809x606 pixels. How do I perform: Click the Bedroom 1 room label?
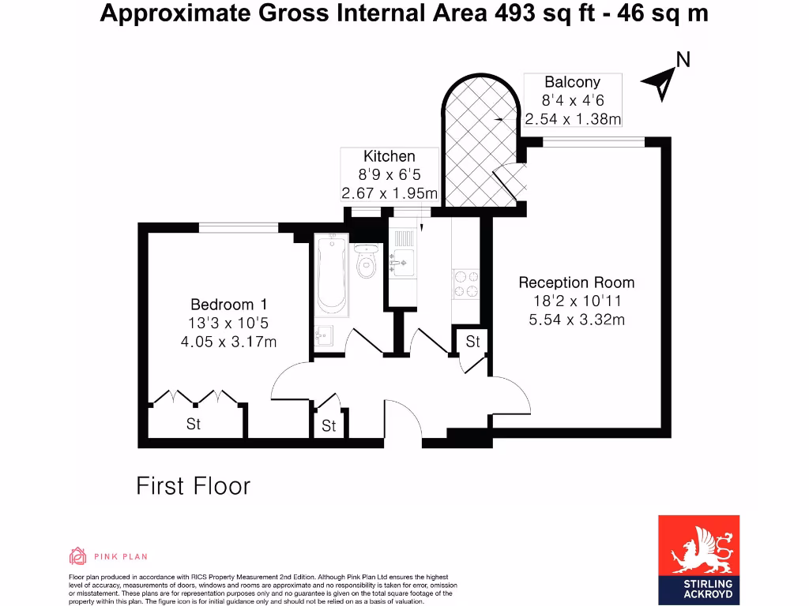(x=222, y=305)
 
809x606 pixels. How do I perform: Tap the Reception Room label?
(x=576, y=282)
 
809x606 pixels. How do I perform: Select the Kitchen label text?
(x=389, y=156)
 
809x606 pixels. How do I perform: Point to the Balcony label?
(x=572, y=82)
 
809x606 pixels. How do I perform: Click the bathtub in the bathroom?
(x=330, y=275)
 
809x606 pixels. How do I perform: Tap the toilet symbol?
(x=366, y=263)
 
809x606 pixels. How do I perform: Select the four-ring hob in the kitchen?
(x=465, y=284)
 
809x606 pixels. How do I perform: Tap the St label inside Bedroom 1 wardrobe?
(x=194, y=425)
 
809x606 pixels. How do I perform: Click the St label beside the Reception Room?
(x=472, y=342)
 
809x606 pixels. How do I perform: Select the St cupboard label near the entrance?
(x=329, y=426)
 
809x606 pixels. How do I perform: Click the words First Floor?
(x=193, y=485)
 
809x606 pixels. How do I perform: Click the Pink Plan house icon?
(x=77, y=556)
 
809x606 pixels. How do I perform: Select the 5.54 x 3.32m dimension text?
(x=576, y=320)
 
